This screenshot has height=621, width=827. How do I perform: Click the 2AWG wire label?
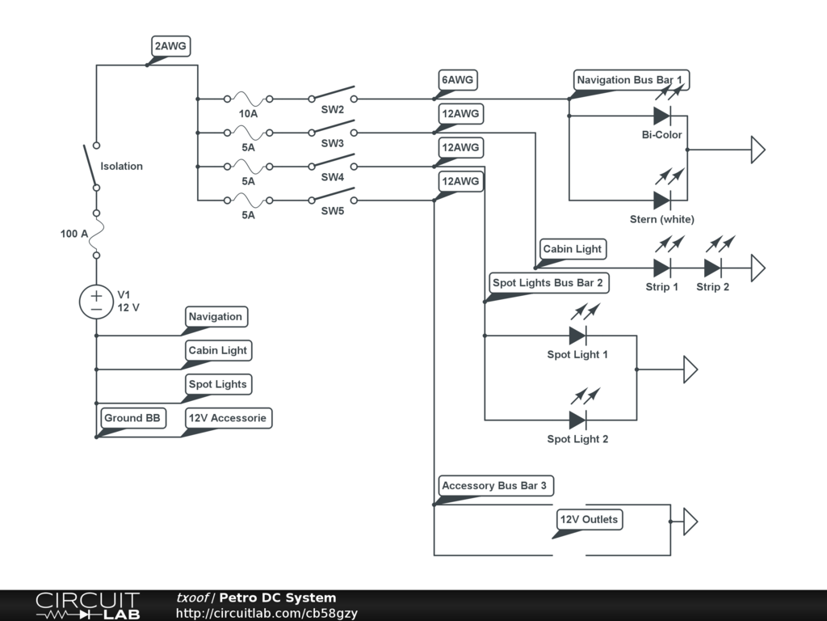click(x=170, y=47)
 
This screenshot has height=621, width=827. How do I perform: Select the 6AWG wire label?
click(x=457, y=80)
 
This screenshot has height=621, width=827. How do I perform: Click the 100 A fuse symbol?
click(x=96, y=234)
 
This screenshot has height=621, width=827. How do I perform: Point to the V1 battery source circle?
click(x=96, y=302)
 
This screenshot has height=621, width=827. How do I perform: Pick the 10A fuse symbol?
click(x=247, y=99)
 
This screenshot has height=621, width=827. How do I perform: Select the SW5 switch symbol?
click(x=332, y=196)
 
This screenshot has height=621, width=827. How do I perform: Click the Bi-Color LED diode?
click(x=662, y=116)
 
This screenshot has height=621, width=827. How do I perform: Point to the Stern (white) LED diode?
click(x=662, y=200)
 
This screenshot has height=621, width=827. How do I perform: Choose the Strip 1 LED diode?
click(x=662, y=268)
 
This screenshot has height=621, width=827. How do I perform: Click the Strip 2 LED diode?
click(x=712, y=268)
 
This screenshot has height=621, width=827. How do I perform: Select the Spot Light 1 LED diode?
click(x=577, y=336)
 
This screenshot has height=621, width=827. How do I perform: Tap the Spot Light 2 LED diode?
click(x=577, y=420)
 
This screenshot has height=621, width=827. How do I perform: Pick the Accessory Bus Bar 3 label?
click(x=493, y=486)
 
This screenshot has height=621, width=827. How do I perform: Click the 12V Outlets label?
click(x=589, y=520)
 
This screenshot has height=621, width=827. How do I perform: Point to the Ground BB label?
click(x=132, y=418)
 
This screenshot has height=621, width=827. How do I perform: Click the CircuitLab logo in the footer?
click(x=87, y=606)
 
